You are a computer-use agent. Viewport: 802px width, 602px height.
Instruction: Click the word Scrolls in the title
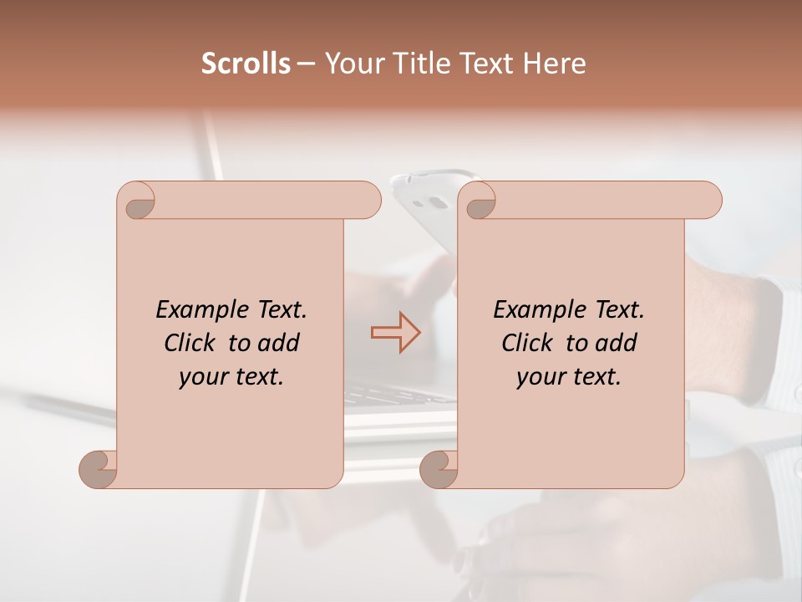click(x=246, y=64)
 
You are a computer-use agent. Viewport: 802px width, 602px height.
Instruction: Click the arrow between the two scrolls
click(x=395, y=333)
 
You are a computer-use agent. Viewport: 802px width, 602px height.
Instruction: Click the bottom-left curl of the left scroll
click(x=99, y=469)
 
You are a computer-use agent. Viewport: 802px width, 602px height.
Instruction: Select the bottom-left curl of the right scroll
click(x=439, y=469)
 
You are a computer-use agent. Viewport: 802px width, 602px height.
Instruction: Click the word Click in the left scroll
click(x=191, y=344)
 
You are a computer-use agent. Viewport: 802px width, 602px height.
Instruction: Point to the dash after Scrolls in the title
click(x=306, y=64)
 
